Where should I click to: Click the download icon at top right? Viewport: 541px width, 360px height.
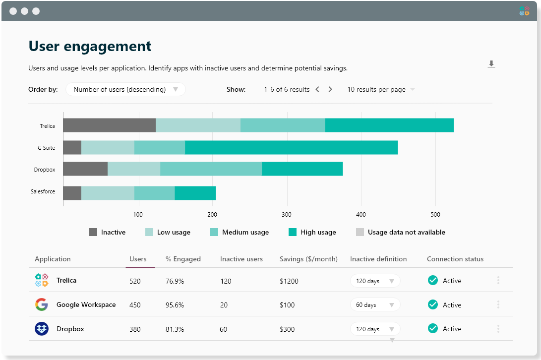tap(491, 64)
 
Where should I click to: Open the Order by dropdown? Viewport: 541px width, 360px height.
tap(125, 89)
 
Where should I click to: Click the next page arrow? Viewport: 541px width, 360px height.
tap(330, 89)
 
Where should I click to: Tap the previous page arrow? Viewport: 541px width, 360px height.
tap(317, 89)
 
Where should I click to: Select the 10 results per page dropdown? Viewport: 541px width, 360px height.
tap(381, 89)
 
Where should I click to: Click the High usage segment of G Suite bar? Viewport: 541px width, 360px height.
tap(291, 148)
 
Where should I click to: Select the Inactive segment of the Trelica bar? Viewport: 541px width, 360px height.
tap(109, 125)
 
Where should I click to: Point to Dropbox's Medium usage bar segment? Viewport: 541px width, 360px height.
tap(211, 169)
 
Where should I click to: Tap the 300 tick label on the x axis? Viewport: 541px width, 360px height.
tap(287, 215)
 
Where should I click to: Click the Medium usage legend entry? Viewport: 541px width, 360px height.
tap(240, 232)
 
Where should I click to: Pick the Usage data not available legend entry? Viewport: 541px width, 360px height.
tap(401, 232)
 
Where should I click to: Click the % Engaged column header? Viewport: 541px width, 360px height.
tap(183, 259)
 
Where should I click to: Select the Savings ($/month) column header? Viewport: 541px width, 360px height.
tap(308, 259)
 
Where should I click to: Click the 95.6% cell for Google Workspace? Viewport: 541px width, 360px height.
tap(175, 305)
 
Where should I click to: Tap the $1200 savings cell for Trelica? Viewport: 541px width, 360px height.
tap(289, 281)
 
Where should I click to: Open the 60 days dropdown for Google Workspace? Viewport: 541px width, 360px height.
tap(375, 305)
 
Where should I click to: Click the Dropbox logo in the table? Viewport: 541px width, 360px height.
tap(42, 329)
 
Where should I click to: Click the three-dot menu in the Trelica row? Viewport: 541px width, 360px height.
tap(498, 281)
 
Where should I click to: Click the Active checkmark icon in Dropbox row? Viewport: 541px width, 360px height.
tap(433, 328)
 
